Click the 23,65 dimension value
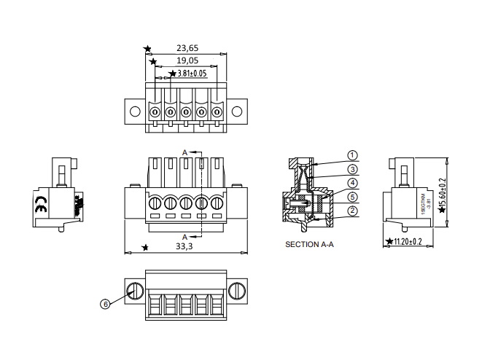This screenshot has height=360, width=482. (x=187, y=49)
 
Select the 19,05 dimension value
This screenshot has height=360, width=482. (x=187, y=61)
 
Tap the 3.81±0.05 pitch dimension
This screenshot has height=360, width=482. (x=191, y=74)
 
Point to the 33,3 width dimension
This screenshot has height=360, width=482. (x=185, y=247)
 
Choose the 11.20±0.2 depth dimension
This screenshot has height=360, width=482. (x=408, y=240)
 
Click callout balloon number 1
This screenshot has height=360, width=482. (x=352, y=155)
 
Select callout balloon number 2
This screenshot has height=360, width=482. (x=352, y=211)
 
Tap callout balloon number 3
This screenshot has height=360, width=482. (x=352, y=169)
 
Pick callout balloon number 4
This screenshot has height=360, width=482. (x=352, y=183)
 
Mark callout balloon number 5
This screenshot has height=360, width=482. (x=352, y=197)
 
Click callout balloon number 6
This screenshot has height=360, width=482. (x=105, y=305)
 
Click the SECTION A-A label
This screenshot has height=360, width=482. (x=309, y=245)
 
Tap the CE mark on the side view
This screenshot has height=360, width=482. (x=41, y=206)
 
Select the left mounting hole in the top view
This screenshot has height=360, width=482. (x=135, y=112)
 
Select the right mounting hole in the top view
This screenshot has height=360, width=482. (x=236, y=112)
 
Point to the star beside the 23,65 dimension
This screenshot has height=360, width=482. (x=148, y=49)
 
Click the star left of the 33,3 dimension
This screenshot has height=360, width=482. (x=146, y=248)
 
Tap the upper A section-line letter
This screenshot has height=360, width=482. (x=185, y=152)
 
